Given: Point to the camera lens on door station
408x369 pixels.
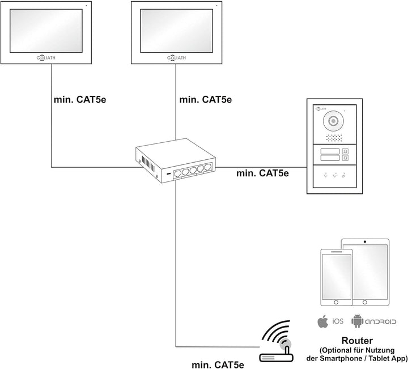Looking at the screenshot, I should [333, 121].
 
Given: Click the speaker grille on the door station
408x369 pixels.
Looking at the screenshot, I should [333, 138].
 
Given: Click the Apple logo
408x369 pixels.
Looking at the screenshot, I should [323, 322].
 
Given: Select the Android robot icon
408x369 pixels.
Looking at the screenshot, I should [358, 321].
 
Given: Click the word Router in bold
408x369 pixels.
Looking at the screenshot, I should [356, 341].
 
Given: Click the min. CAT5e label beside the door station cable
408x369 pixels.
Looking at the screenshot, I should [262, 172].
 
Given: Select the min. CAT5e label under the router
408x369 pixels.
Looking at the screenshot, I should [218, 364].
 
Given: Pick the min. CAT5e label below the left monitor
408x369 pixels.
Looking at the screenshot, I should [79, 100].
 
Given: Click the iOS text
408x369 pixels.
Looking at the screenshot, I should [338, 322].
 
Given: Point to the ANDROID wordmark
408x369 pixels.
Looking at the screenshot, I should [381, 322].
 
